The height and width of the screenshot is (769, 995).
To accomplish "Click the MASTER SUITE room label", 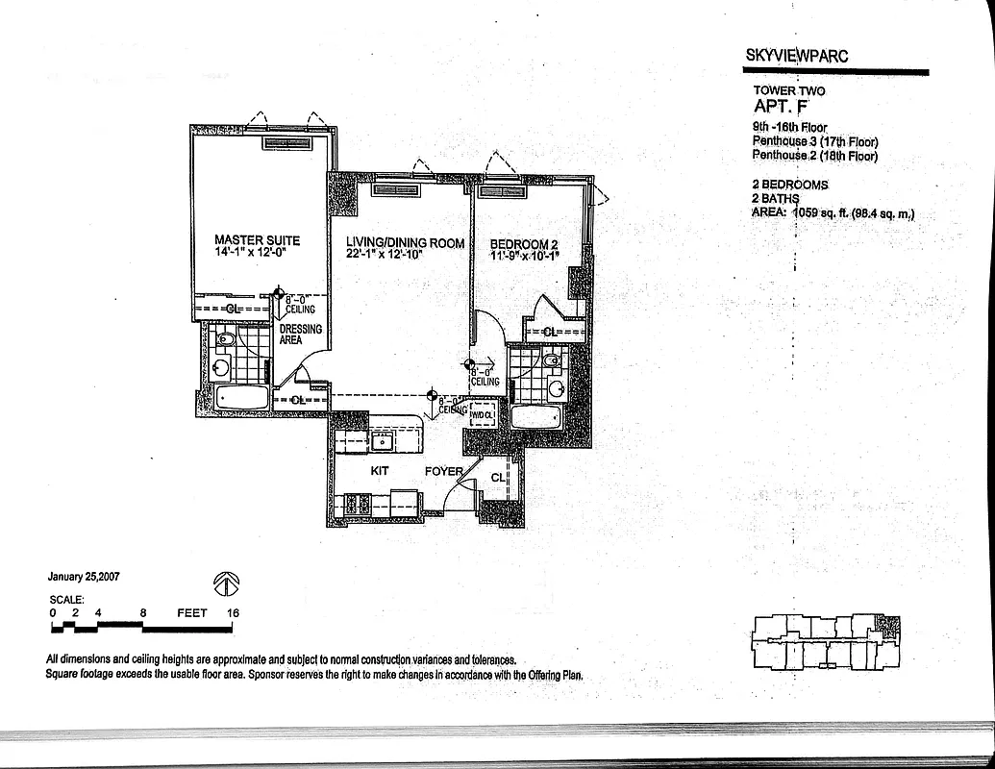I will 257,240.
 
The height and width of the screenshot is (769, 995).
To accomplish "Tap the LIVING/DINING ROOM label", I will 405,243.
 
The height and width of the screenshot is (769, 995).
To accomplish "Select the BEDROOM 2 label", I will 524,243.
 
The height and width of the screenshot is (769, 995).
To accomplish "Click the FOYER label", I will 444,472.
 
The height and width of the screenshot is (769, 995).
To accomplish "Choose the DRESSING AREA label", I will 300,334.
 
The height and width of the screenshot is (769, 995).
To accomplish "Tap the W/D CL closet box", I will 482,415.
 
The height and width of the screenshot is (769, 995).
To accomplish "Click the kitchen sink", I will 381,440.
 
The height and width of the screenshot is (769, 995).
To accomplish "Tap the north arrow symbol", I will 226,583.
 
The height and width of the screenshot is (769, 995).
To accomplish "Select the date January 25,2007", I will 83,578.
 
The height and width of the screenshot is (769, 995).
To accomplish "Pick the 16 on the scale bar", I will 232,612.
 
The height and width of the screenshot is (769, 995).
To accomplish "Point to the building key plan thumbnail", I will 826,641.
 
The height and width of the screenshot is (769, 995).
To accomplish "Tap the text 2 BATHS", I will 776,199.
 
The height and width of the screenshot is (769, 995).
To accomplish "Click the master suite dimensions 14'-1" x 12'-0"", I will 257,253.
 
